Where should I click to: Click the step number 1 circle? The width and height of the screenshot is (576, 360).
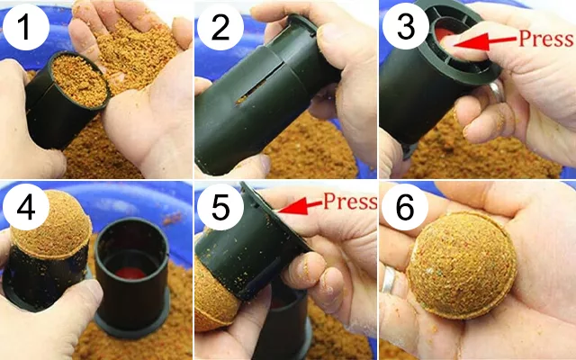pos(26,27)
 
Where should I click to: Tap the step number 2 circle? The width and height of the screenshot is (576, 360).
pos(220,27)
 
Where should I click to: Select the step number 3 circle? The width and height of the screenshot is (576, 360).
pos(406,27)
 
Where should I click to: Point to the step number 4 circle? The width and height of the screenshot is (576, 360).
pos(26,207)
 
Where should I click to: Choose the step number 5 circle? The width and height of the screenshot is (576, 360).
pos(220,207)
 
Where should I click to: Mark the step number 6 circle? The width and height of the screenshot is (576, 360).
pos(405,207)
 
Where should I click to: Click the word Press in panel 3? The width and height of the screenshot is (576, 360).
pos(546,38)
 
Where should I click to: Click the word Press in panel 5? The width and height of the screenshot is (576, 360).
pos(350,201)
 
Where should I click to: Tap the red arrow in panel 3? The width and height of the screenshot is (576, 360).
pos(485,41)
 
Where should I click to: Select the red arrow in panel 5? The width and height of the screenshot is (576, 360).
pos(300,207)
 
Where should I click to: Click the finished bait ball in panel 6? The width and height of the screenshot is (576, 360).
pos(462,265)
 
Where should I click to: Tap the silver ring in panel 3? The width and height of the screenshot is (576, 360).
pos(496,92)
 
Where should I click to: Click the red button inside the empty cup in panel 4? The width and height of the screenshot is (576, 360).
pos(130,273)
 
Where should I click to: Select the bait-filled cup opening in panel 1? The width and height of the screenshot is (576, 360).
pos(80,80)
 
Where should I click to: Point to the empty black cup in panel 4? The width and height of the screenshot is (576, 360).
pos(132,276)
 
